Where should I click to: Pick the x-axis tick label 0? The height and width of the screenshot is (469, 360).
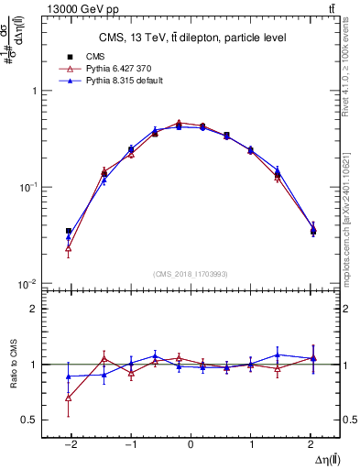pos(191,442)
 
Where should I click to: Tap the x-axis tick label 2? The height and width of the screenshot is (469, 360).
pos(312,442)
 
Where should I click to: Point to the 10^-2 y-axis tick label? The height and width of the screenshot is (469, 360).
pos(29,283)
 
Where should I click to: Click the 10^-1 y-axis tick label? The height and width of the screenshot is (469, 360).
pos(29,187)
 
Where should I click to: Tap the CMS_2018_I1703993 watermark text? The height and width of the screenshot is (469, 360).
pos(191,273)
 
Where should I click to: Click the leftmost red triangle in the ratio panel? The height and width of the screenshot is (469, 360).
pos(69,398)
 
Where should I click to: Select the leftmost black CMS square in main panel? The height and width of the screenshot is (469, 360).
pos(69,232)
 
